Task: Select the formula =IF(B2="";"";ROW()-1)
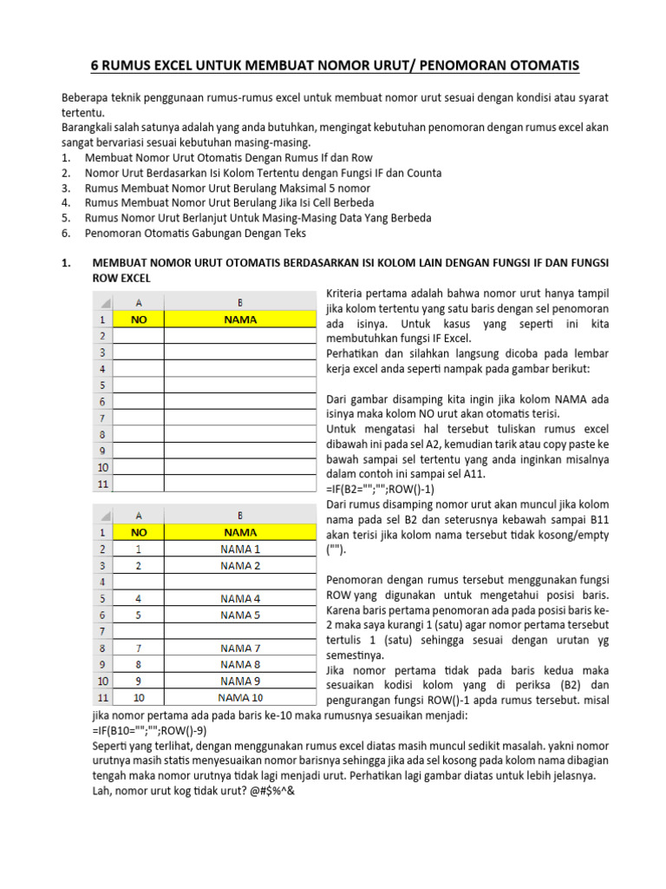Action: click(x=388, y=489)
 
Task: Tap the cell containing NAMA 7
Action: click(x=239, y=648)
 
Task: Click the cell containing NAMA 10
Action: click(x=239, y=697)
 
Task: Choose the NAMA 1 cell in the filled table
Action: click(x=239, y=549)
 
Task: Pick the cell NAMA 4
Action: click(x=239, y=598)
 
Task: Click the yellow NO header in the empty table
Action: click(x=139, y=319)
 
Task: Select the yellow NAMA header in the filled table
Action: click(x=239, y=532)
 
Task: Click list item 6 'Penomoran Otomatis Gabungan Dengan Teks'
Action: click(x=195, y=234)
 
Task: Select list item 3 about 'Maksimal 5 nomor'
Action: click(x=227, y=188)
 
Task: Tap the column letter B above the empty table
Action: click(x=239, y=303)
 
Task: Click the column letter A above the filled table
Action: click(x=139, y=516)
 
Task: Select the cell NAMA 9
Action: click(x=239, y=681)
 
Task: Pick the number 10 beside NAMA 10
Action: click(x=139, y=697)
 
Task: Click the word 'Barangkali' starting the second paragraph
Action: click(x=89, y=128)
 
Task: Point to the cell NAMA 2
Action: click(x=239, y=565)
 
